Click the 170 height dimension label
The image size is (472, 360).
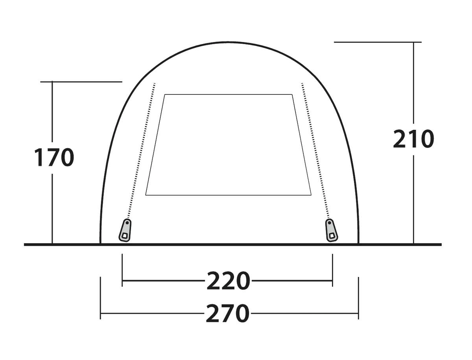coord(54,157)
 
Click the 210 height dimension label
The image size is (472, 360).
coord(413,139)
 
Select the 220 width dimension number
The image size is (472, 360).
coord(228,281)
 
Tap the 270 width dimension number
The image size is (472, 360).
coord(227,313)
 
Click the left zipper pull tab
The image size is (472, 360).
coord(125,230)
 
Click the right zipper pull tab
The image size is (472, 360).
coord(331,230)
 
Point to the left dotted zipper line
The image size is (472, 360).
coord(141,151)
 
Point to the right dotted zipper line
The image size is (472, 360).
coord(315,151)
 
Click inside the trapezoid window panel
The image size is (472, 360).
coord(229,145)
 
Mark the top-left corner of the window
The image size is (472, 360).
coord(165,94)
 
